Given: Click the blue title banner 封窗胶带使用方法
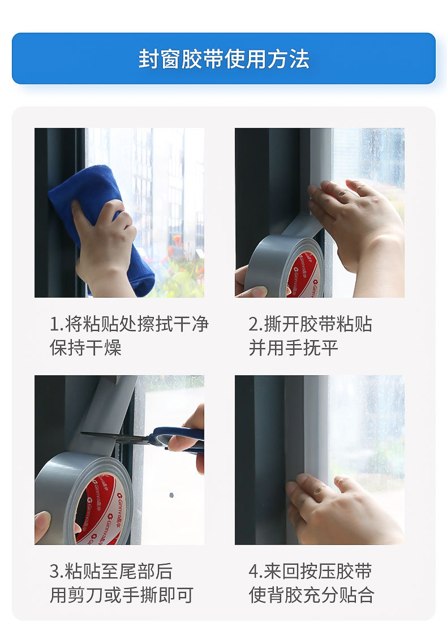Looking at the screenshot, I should [223, 59].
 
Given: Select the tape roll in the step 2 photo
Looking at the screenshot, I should [280, 266].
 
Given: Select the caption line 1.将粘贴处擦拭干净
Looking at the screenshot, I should [129, 324].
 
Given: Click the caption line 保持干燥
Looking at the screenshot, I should [85, 347].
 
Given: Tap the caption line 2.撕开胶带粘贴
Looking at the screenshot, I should [310, 324].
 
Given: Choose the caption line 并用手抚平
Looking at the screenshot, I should [293, 347].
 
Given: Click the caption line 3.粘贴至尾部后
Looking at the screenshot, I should [111, 571].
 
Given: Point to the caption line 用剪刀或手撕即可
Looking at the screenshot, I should [121, 595].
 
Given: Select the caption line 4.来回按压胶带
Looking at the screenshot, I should [310, 571].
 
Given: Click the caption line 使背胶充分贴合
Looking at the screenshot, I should [311, 595].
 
